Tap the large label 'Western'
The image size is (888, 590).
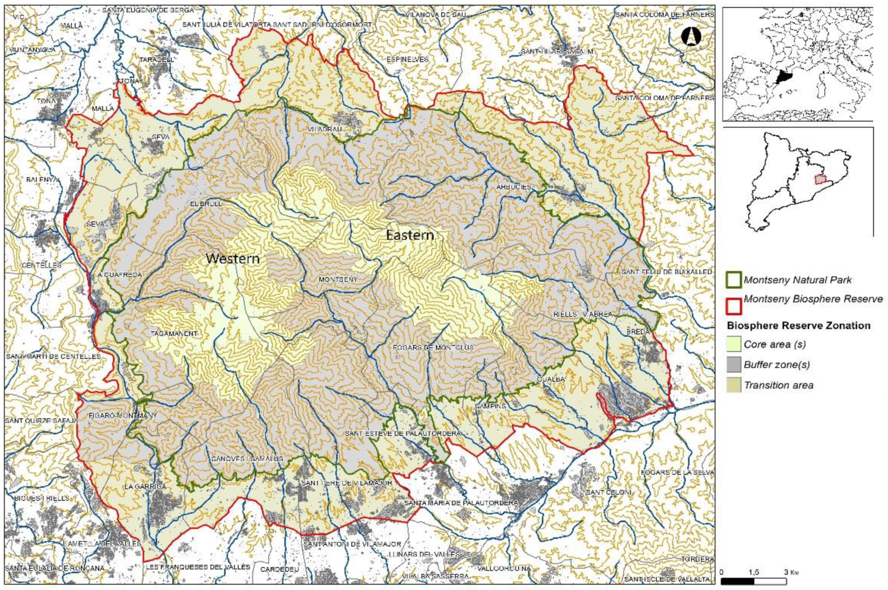[233, 259]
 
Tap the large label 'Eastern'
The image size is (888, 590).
[410, 235]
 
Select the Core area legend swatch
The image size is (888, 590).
[734, 343]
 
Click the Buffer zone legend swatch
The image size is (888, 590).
[734, 364]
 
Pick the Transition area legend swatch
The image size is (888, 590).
[734, 385]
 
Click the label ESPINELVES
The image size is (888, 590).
[408, 59]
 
